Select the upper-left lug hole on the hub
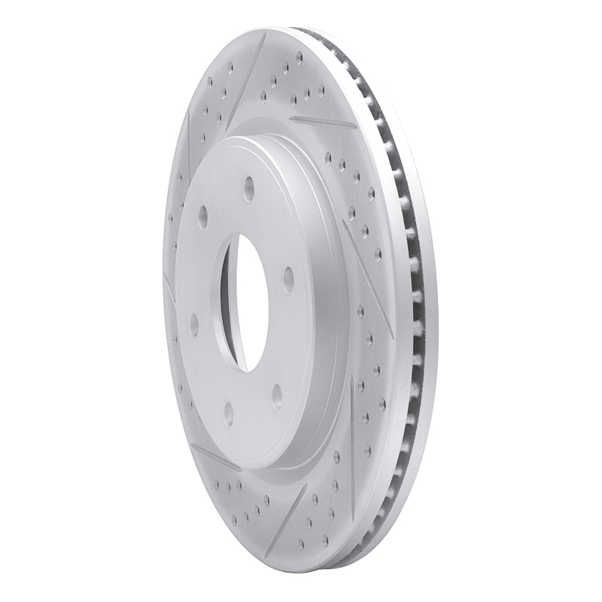pyautogui.click(x=202, y=217)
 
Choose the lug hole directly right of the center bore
pyautogui.click(x=288, y=280)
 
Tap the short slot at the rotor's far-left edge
pyautogui.click(x=169, y=286)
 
